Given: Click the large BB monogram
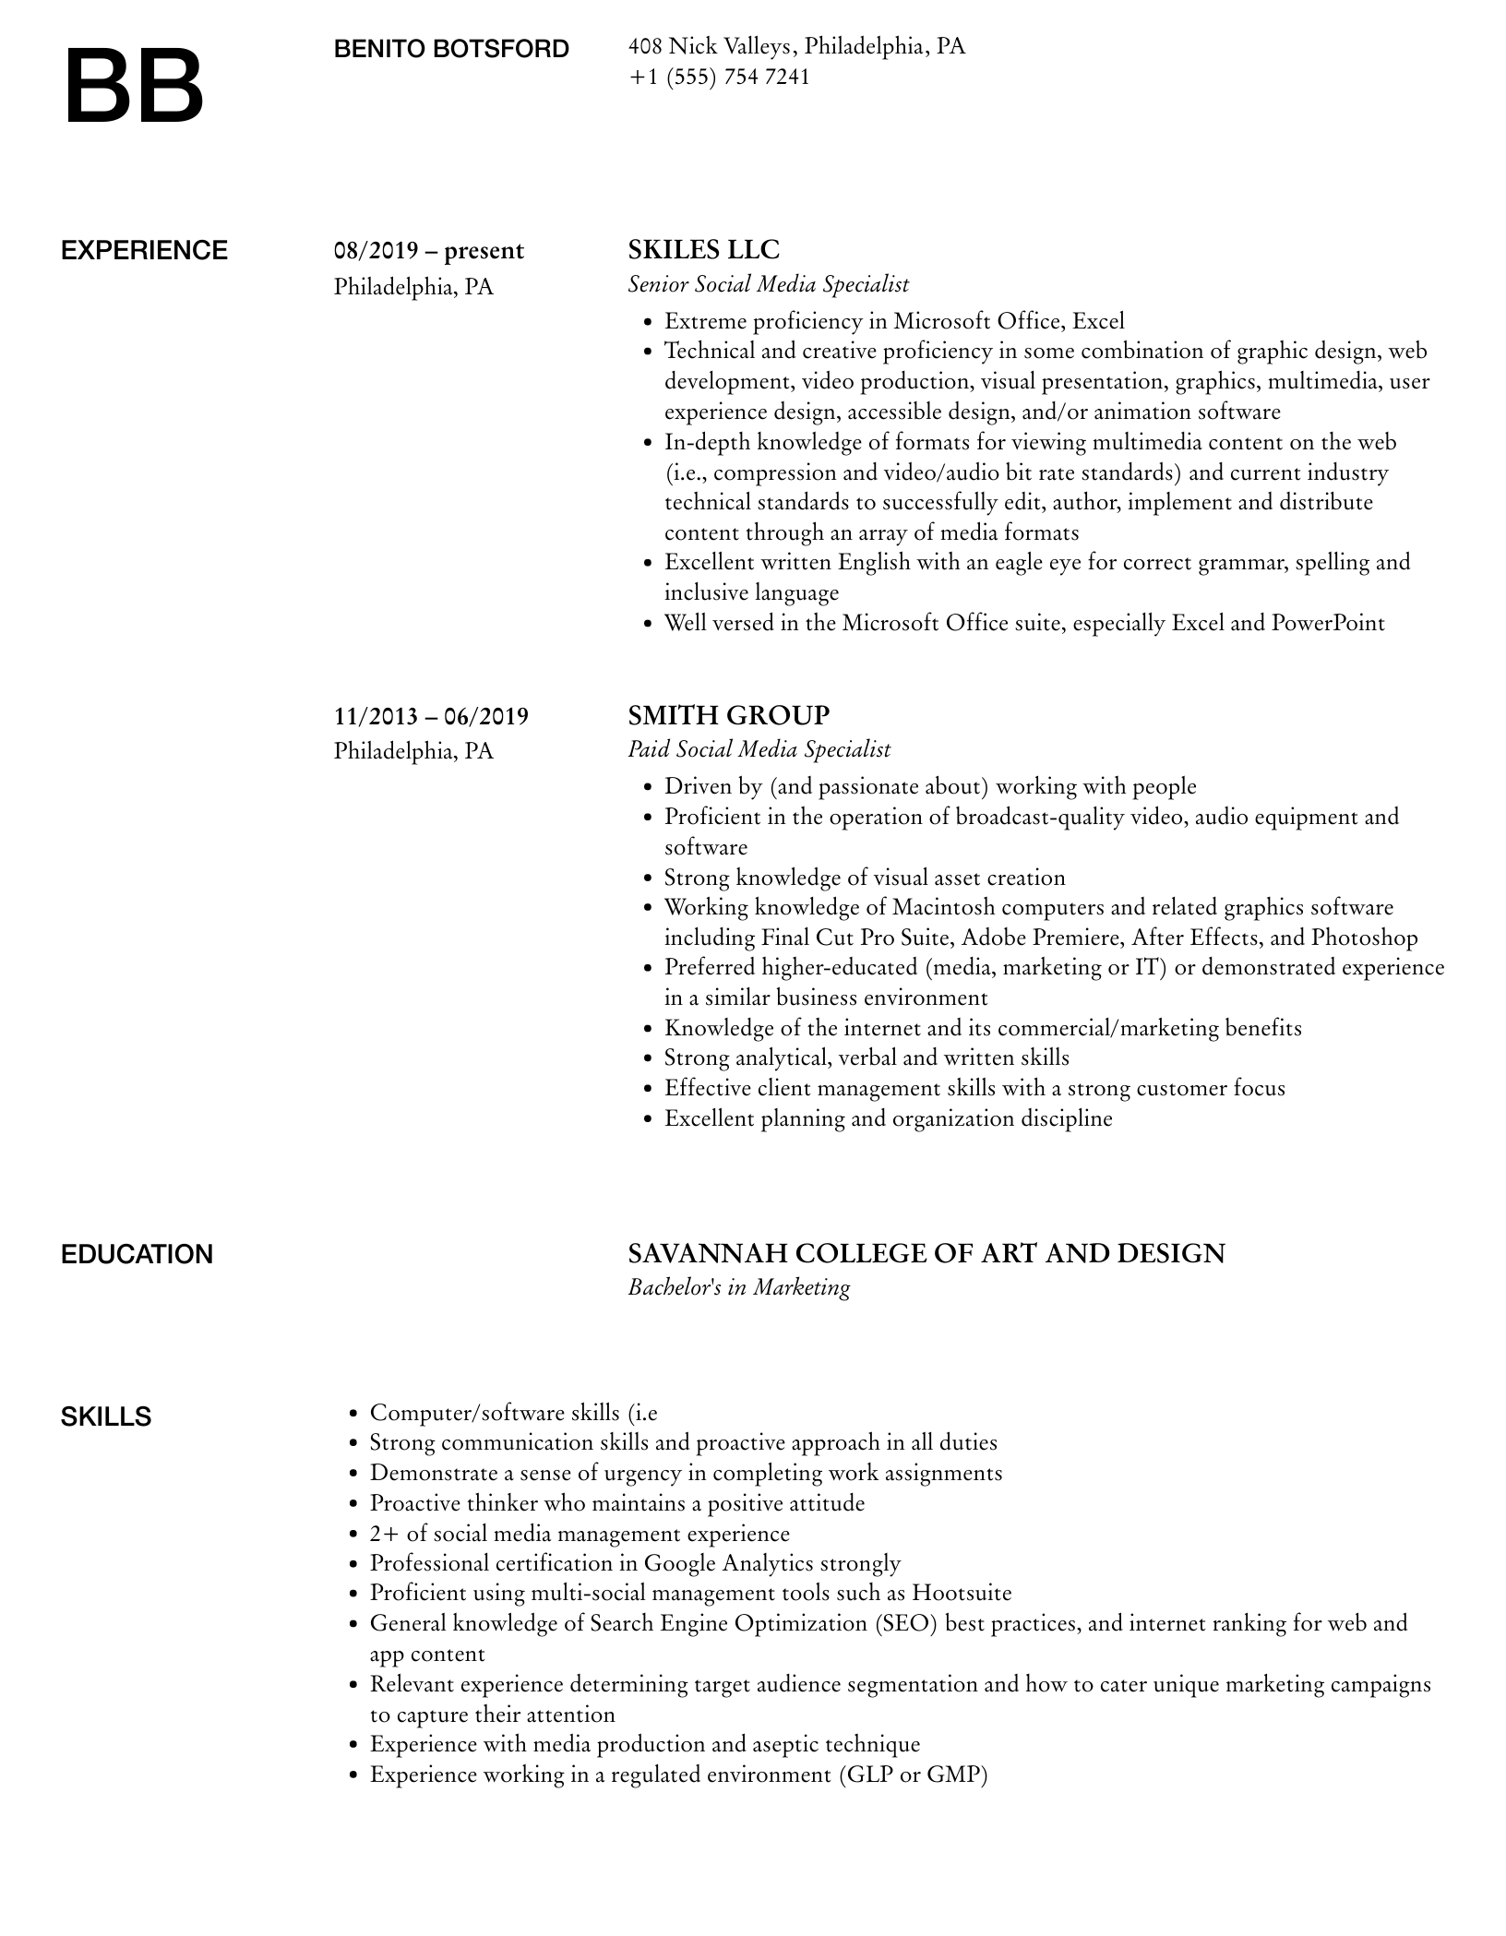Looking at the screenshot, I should pos(135,87).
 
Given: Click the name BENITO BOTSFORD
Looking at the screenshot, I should pos(451,49).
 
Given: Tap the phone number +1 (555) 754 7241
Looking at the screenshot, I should pos(719,77).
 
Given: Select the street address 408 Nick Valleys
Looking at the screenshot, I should pos(709,46).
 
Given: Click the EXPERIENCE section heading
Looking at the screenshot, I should pos(144,251).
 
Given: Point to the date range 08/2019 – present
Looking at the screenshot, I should pos(428,251).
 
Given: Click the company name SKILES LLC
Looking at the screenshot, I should pos(703,250).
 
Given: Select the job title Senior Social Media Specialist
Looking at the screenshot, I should pos(768,284).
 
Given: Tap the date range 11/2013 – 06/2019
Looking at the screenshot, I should pos(431,716).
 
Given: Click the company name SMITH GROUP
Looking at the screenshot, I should pos(728,715).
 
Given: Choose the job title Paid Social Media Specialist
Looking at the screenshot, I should pos(759,749).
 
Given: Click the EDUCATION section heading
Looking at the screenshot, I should pos(137,1255).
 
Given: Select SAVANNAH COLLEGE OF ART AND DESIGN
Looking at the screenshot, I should pos(926,1253).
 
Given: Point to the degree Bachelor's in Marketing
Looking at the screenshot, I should pos(738,1287).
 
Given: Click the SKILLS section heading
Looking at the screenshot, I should pos(106,1417).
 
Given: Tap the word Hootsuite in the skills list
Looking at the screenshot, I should pos(962,1594).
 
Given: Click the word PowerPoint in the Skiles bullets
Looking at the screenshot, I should pos(1328,623).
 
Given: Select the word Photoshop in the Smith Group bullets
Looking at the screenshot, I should pos(1364,938).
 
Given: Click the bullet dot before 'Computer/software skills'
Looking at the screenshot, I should pos(353,1414).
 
